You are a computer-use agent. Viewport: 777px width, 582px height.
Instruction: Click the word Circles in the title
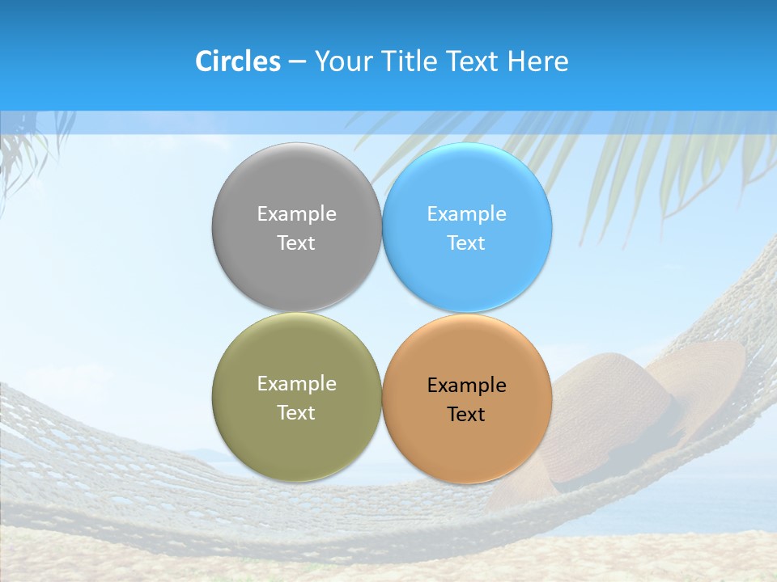point(237,61)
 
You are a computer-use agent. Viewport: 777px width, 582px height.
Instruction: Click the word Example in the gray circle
point(296,213)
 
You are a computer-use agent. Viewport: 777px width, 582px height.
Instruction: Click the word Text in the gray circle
point(296,242)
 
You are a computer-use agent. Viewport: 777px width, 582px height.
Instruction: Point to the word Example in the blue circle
point(466,213)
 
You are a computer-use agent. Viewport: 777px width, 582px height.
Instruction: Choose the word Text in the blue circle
point(466,242)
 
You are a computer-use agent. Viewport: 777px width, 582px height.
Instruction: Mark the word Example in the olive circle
point(296,383)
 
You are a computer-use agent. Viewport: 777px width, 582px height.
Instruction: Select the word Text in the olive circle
point(296,412)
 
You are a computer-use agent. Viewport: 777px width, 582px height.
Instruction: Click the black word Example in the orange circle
point(466,385)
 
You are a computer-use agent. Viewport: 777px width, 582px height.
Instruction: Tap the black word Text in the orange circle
point(466,414)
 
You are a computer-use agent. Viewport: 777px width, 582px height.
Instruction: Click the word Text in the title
point(473,61)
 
